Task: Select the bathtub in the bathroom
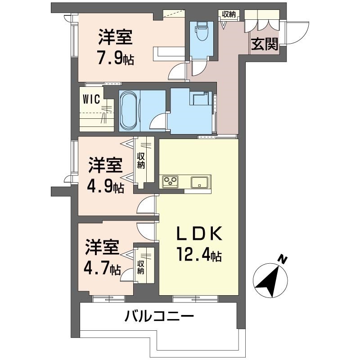(130, 111)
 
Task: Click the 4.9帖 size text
(106, 186)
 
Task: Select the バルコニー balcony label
(159, 316)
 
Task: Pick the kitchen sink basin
(199, 182)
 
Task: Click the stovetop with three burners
(171, 182)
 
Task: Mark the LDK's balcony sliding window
(194, 298)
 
